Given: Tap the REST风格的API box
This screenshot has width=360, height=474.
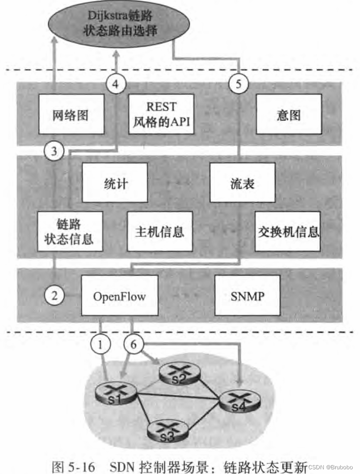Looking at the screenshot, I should [x=161, y=115].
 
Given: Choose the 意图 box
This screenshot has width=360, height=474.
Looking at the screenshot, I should [x=288, y=115].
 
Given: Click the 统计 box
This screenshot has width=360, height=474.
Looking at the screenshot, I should [x=115, y=183].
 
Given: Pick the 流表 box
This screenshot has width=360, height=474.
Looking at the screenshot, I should [x=242, y=183].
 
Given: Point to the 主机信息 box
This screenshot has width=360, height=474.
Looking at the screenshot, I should [x=159, y=231].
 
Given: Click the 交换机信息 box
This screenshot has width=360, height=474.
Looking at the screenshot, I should [x=288, y=231].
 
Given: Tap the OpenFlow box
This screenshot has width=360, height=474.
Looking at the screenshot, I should [x=119, y=296].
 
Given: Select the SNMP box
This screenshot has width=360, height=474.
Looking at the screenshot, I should [x=247, y=296].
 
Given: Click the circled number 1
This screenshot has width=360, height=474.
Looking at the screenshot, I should [x=100, y=344].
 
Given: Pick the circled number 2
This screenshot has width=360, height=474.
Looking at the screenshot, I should [x=55, y=295].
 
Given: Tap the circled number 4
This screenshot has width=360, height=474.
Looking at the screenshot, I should [x=116, y=85].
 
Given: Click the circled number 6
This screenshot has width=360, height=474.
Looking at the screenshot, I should [x=134, y=344].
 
